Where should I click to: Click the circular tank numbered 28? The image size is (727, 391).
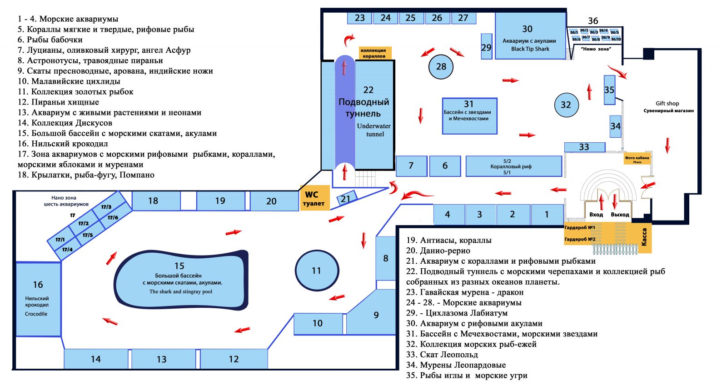(441, 67)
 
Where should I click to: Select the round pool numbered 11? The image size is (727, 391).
(316, 271)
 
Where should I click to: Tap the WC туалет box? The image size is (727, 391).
(314, 198)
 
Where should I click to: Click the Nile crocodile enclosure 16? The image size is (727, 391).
(38, 299)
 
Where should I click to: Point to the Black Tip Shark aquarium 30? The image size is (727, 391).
(530, 36)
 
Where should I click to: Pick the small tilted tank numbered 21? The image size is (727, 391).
(346, 199)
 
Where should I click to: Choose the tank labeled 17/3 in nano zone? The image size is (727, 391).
(106, 207)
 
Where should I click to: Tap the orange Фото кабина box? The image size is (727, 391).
(637, 159)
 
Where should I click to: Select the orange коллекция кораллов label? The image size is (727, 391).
(375, 53)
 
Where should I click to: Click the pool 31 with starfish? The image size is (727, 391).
(469, 115)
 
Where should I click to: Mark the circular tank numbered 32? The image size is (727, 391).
(566, 105)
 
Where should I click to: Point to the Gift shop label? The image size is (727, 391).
(667, 104)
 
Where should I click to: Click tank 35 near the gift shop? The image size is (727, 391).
(609, 90)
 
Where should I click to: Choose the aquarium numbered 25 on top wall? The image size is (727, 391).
(411, 18)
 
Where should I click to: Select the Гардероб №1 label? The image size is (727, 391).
(579, 228)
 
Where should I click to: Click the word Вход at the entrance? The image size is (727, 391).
(596, 215)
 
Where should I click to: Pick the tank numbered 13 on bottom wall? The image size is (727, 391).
(162, 359)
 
